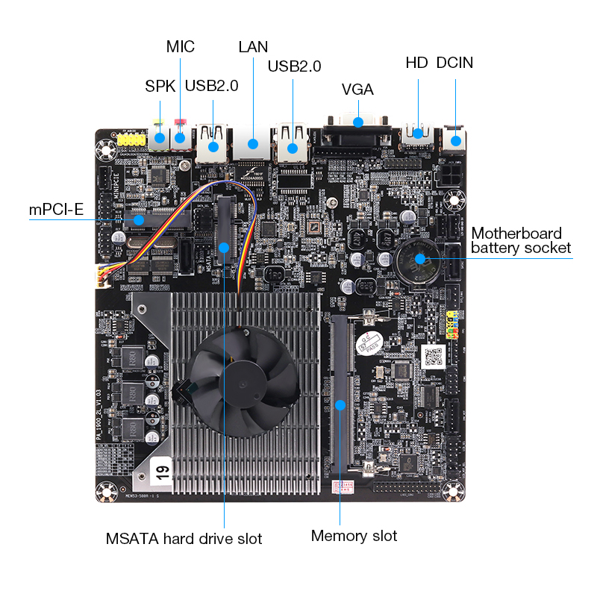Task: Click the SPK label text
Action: coord(160,86)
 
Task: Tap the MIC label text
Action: coord(180,47)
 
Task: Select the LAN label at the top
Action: coord(253,47)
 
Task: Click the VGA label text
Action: coord(357,90)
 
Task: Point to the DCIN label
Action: coord(454,63)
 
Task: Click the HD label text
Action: coord(416,63)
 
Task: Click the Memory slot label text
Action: coord(354,536)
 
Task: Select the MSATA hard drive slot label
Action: coord(184,538)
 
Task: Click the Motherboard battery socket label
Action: coord(520,240)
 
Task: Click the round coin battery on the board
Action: coord(419,260)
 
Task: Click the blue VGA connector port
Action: coord(357,123)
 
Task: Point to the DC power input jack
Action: coord(454,139)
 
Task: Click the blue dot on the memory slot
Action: coord(340,405)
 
